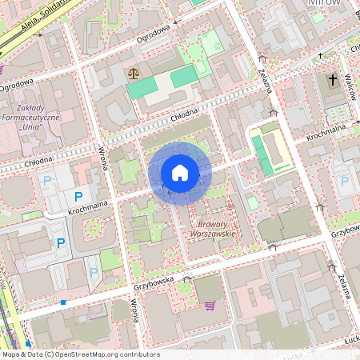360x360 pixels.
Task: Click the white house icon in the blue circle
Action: pyautogui.click(x=180, y=173)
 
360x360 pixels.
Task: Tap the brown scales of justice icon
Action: pyautogui.click(x=132, y=72)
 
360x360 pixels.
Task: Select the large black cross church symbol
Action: pyautogui.click(x=332, y=80)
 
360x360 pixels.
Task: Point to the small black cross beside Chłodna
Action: pyautogui.click(x=320, y=56)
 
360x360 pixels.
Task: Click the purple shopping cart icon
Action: pyautogui.click(x=210, y=305)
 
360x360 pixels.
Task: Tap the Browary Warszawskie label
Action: pyautogui.click(x=212, y=229)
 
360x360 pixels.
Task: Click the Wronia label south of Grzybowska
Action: pyautogui.click(x=135, y=310)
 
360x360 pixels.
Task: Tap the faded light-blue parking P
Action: pyautogui.click(x=94, y=273)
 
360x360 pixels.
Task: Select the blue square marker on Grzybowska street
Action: pyautogui.click(x=62, y=302)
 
